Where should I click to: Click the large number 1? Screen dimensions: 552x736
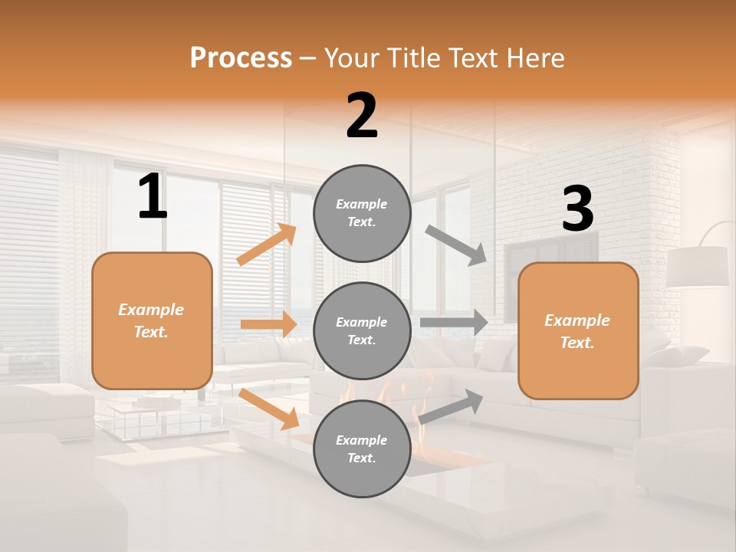click(153, 197)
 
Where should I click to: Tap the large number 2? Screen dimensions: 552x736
click(362, 117)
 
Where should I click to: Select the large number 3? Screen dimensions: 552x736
click(577, 210)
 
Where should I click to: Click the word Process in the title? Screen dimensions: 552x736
click(241, 58)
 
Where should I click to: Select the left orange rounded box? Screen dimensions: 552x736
click(152, 320)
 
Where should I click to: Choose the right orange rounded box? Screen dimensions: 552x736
click(578, 330)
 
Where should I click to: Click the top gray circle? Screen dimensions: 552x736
click(362, 213)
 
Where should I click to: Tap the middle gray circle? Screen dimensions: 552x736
click(362, 330)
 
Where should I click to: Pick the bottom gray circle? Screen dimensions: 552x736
click(362, 449)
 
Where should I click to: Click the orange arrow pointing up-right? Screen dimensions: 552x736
click(267, 245)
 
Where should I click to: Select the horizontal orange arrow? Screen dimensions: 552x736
click(268, 324)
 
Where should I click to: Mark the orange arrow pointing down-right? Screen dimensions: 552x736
click(268, 408)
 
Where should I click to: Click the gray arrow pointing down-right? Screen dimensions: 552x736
click(456, 245)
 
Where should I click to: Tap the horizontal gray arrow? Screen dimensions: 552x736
click(454, 323)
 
